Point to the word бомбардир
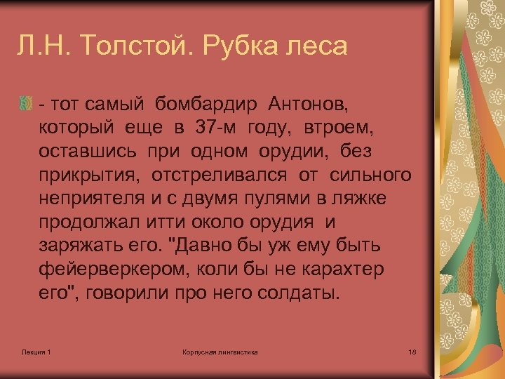click(203, 105)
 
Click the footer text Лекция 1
click(36, 351)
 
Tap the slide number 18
click(412, 351)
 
